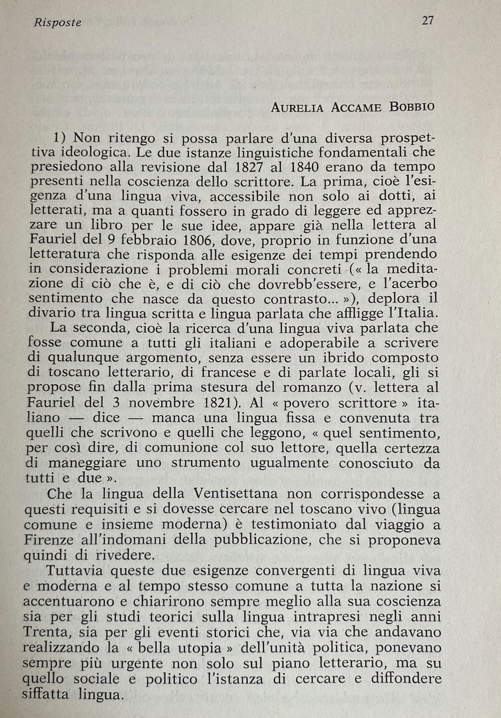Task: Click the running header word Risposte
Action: (x=58, y=23)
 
